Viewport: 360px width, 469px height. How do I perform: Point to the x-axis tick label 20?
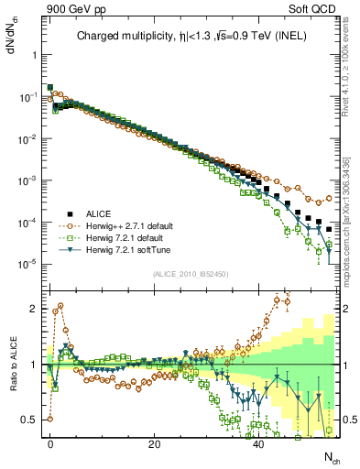coord(155,443)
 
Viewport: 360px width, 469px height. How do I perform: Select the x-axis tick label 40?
coord(259,443)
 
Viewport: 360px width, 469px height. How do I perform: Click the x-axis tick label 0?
coord(49,443)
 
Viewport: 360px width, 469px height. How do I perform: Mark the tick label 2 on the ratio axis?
coord(32,309)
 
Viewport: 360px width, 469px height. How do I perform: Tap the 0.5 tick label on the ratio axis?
coord(28,420)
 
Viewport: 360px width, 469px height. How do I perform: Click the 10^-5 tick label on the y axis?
coord(27,265)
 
